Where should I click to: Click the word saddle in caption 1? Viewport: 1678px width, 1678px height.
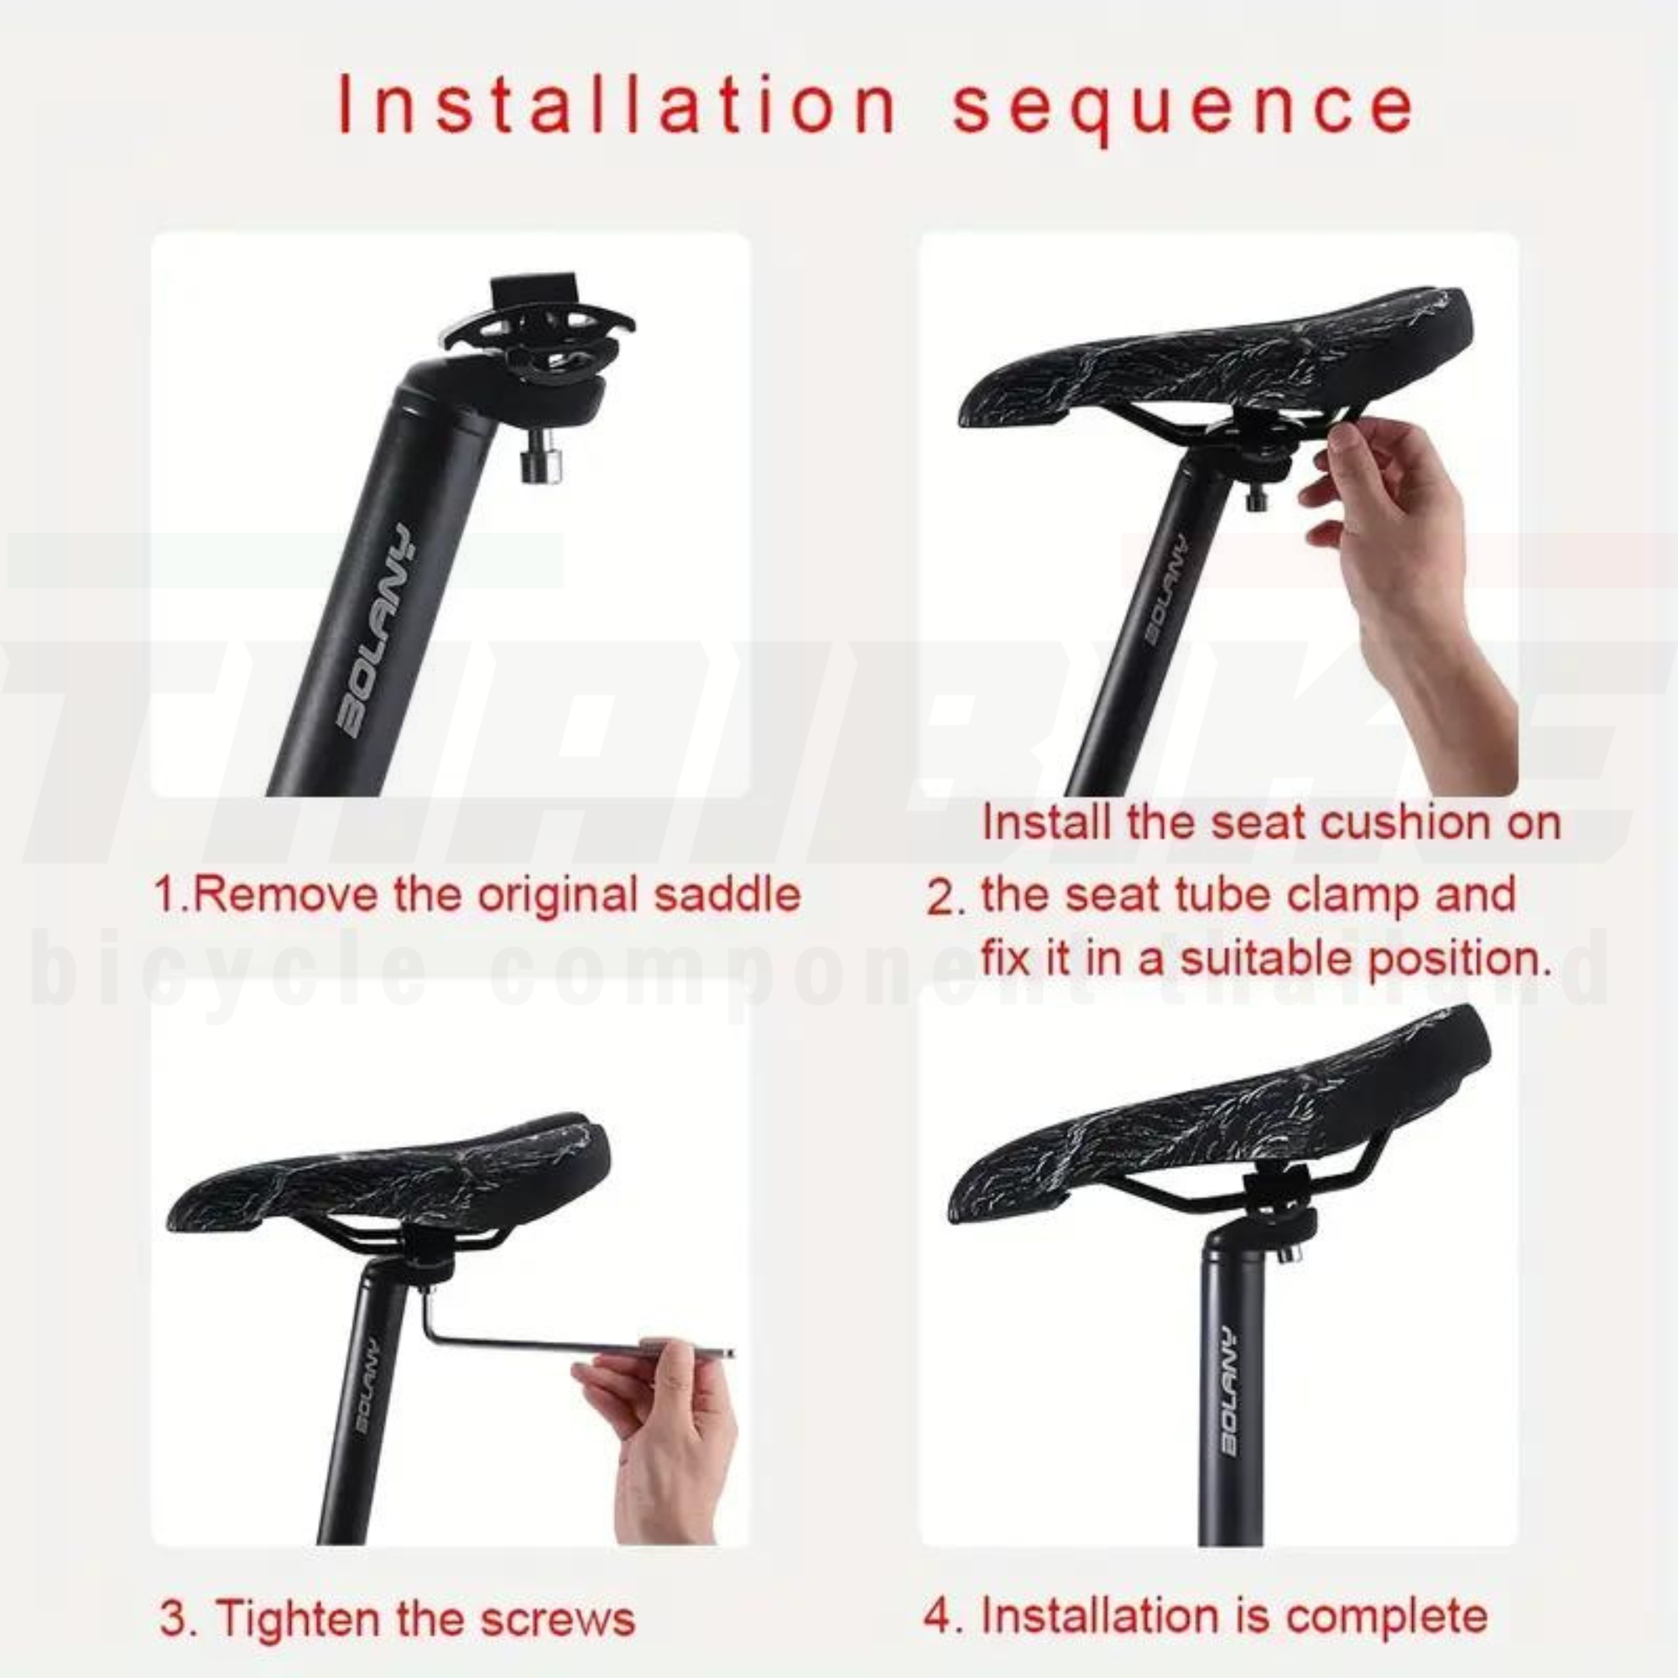pyautogui.click(x=726, y=894)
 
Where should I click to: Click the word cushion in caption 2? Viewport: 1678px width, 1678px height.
pyautogui.click(x=1404, y=821)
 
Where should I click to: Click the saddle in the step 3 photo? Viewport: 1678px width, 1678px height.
pyautogui.click(x=391, y=1173)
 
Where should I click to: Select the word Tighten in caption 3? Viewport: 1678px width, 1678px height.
pyautogui.click(x=300, y=1619)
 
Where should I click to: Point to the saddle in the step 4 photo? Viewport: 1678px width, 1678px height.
pyautogui.click(x=1216, y=1129)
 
